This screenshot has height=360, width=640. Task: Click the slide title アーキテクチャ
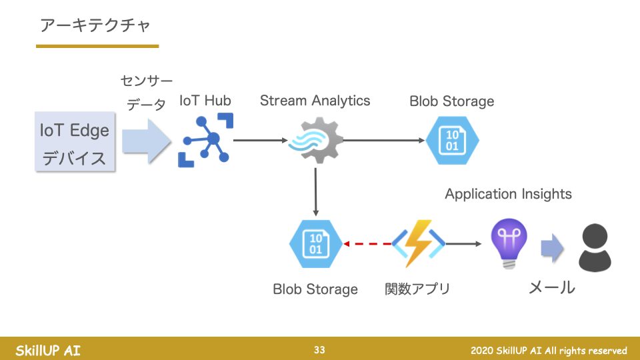(x=95, y=25)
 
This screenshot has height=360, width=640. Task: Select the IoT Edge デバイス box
(x=74, y=143)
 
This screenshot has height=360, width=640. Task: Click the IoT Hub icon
(x=206, y=140)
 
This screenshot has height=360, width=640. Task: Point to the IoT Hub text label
(x=205, y=101)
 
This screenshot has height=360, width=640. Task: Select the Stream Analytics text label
(x=315, y=101)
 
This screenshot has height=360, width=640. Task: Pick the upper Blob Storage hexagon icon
(x=452, y=141)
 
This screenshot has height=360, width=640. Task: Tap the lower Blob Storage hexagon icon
(x=315, y=244)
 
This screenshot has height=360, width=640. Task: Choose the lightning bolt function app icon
(x=419, y=244)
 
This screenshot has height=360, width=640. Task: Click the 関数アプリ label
(x=417, y=289)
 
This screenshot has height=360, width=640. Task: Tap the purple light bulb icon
(x=509, y=244)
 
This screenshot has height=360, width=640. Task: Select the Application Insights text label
(x=508, y=194)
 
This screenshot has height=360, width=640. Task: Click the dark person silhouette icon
(x=595, y=247)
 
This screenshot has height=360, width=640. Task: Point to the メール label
(x=551, y=287)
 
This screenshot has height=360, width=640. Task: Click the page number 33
(x=320, y=350)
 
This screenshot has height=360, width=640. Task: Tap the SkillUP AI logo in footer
(x=48, y=350)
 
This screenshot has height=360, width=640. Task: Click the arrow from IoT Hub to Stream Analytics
(x=261, y=141)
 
